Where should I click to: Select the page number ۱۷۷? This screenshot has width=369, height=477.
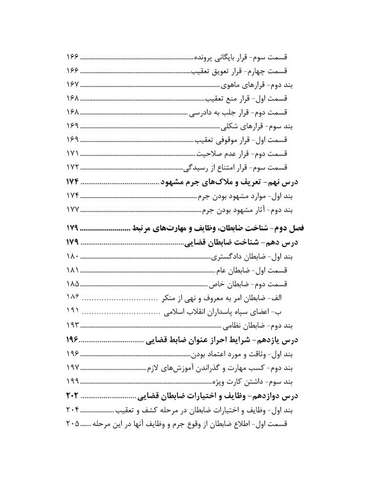(73, 209)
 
